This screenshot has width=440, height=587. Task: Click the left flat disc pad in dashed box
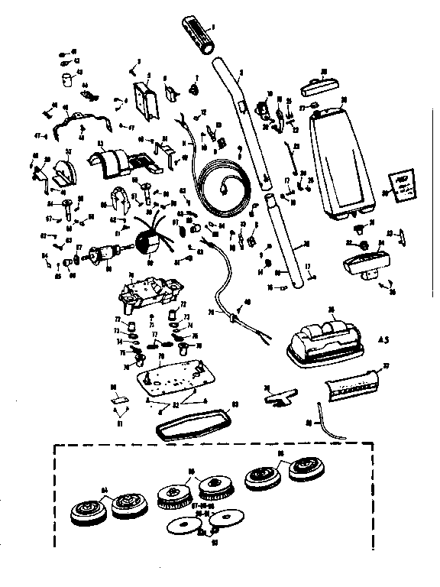[184, 526]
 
